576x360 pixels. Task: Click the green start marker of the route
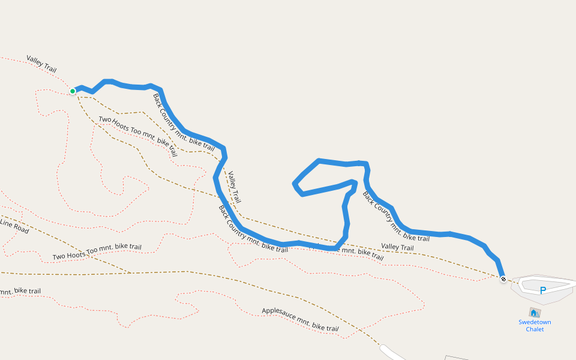tap(73, 91)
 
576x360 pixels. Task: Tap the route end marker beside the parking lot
tap(503, 278)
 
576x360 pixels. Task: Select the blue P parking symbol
tap(543, 291)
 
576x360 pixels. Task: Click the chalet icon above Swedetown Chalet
tap(534, 313)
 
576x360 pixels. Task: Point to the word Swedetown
tap(535, 322)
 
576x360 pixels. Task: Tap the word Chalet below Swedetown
tap(535, 329)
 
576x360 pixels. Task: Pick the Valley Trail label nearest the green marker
tap(41, 64)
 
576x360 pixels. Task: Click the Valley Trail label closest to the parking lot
tap(397, 247)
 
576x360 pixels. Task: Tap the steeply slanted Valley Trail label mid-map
tap(234, 187)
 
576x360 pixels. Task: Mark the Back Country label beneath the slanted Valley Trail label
tap(252, 229)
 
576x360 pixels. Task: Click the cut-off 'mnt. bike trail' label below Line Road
tap(20, 292)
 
